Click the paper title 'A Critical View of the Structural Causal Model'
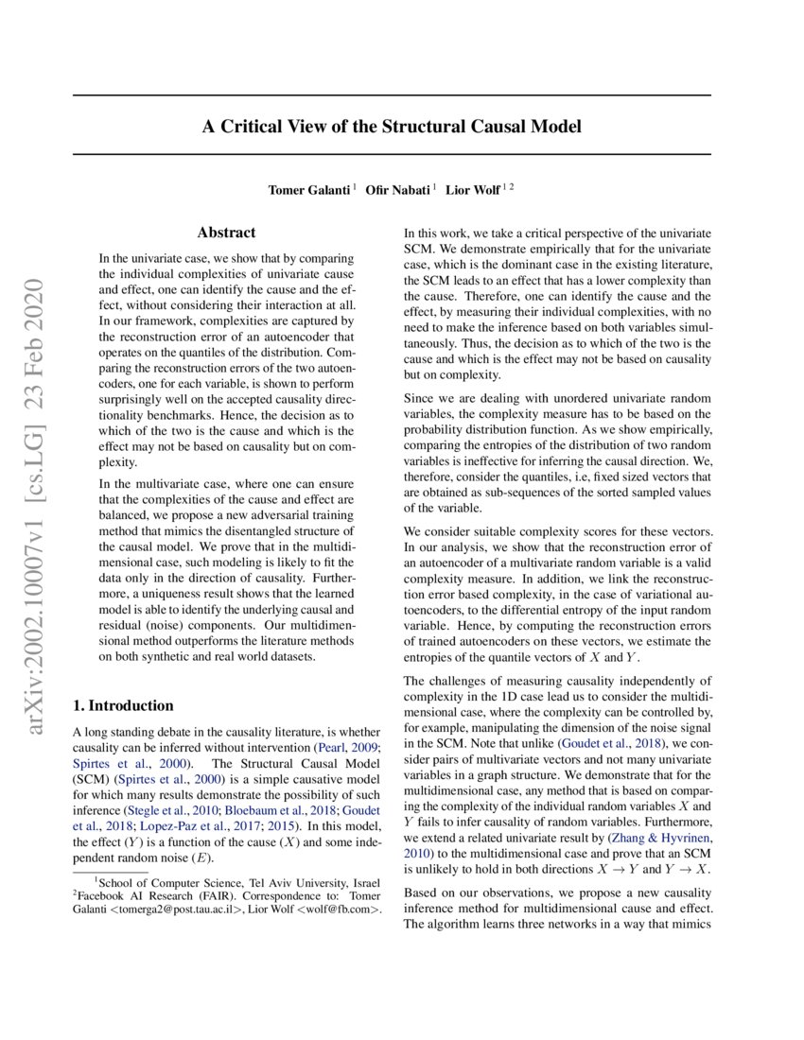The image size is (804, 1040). point(391,126)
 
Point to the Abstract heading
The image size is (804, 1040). point(226,232)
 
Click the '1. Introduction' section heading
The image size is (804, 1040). point(123,705)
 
